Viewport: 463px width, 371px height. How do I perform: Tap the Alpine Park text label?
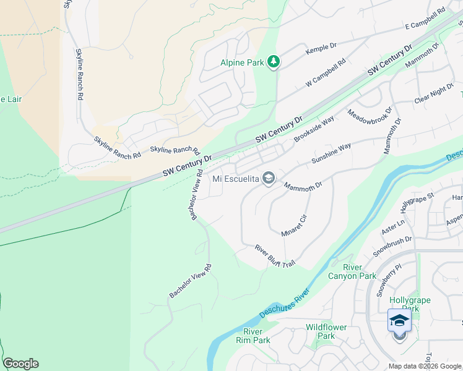242,62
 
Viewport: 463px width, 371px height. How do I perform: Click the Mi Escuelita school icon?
268,179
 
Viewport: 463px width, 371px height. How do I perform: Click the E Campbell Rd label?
425,20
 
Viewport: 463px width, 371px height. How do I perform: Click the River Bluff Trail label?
275,255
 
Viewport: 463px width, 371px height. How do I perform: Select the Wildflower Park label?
326,331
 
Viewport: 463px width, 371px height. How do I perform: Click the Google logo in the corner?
20,364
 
